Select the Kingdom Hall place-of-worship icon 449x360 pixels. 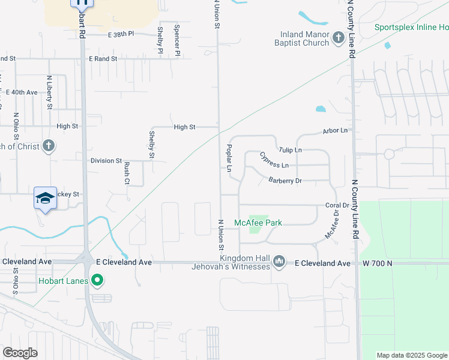pos(279,262)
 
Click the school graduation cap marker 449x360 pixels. pos(45,197)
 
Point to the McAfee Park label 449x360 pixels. pos(258,223)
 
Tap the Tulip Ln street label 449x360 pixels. pos(290,149)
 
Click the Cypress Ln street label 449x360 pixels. pos(274,160)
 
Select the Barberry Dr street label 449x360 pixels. pos(285,180)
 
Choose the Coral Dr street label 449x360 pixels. pos(333,205)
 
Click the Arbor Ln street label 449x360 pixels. pos(335,130)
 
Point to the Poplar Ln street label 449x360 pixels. pos(229,158)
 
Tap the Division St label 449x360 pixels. pos(106,161)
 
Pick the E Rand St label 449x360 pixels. pos(103,59)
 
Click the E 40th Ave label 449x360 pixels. pos(22,92)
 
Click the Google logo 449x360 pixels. pos(20,353)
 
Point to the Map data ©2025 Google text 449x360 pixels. pos(411,355)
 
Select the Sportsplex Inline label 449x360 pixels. pos(411,28)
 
